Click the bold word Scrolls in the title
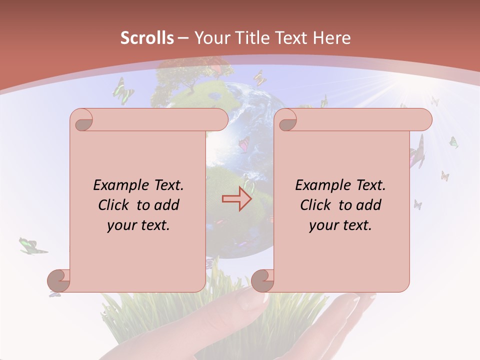pos(147,38)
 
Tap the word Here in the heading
pos(331,38)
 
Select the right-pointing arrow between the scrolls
pos(237,199)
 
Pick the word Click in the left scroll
pos(116,205)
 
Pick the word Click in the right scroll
pos(318,205)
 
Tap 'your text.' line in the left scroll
pos(138,225)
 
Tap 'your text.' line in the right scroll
pos(340,225)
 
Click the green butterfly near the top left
pos(123,91)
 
